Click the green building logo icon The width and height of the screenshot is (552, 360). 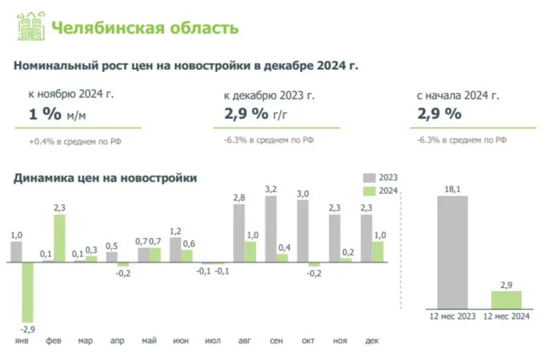(29, 26)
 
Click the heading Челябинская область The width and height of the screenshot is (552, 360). (145, 28)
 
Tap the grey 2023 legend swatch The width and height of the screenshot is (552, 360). (369, 177)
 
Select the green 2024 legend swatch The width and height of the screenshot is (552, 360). (369, 191)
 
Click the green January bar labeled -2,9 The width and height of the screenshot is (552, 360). (28, 292)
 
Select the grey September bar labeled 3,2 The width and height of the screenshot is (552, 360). (271, 229)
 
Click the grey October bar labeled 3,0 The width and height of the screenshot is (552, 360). (303, 231)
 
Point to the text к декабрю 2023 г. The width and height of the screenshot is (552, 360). (269, 95)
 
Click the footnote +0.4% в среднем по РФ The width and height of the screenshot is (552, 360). (75, 141)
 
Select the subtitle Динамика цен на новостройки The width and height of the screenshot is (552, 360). (105, 177)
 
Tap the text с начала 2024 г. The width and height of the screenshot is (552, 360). (458, 95)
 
